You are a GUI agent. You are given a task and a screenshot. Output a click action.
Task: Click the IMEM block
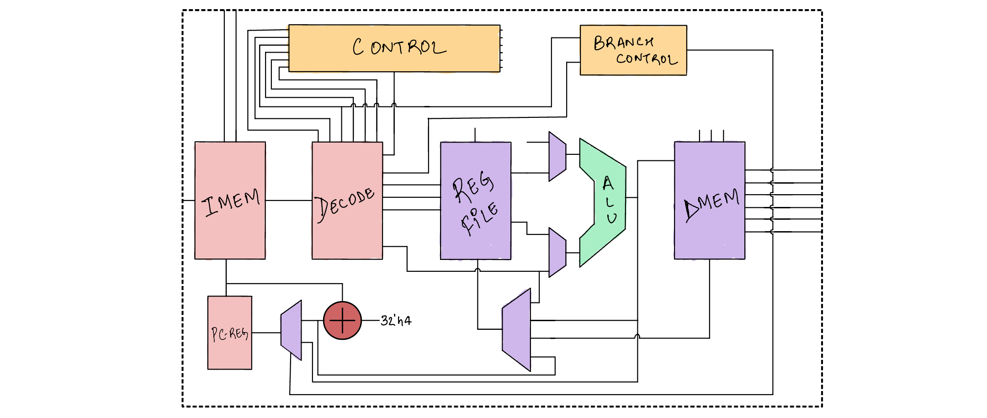[230, 228]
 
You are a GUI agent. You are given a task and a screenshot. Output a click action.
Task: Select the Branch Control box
[633, 50]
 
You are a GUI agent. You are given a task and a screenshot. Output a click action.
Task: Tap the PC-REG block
[229, 352]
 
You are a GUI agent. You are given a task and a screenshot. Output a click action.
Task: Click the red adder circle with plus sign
[342, 321]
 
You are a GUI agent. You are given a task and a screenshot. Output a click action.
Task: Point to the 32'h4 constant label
[396, 321]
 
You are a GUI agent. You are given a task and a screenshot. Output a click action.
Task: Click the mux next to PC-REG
[291, 330]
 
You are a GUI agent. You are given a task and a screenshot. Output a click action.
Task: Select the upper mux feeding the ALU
[557, 157]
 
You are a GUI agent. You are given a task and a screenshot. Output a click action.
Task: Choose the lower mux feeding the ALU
[557, 253]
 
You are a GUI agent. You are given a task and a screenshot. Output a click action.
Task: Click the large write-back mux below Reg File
[516, 330]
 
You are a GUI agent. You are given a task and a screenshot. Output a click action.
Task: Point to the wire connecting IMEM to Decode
[288, 201]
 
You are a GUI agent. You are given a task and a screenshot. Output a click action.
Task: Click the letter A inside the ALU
[608, 184]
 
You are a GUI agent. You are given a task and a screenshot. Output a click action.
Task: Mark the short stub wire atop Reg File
[475, 135]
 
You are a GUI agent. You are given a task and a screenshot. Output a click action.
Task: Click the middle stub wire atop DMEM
[711, 136]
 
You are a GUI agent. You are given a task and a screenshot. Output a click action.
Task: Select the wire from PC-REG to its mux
[266, 333]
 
